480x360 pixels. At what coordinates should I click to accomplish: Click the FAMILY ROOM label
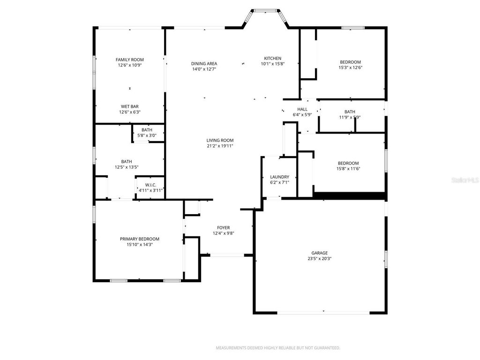[130, 60]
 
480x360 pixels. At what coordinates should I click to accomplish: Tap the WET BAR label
[130, 106]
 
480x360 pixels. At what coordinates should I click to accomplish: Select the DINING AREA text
[204, 63]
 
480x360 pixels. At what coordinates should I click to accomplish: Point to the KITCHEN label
[272, 58]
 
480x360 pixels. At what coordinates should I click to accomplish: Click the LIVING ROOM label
[220, 140]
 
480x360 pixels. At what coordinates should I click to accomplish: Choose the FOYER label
[223, 227]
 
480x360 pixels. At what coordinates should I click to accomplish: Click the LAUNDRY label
[279, 177]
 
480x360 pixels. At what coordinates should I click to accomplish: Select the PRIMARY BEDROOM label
[139, 239]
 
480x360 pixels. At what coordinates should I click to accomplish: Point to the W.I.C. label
[150, 185]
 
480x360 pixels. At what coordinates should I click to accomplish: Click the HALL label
[302, 109]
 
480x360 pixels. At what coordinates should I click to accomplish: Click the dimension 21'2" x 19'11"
[220, 146]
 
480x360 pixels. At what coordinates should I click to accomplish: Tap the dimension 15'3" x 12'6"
[350, 67]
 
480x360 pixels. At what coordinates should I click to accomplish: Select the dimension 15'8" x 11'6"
[348, 169]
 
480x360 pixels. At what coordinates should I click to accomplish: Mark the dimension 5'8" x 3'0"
[147, 135]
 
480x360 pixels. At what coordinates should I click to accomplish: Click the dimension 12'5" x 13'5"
[127, 167]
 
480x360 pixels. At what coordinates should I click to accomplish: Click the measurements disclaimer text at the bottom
[277, 348]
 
